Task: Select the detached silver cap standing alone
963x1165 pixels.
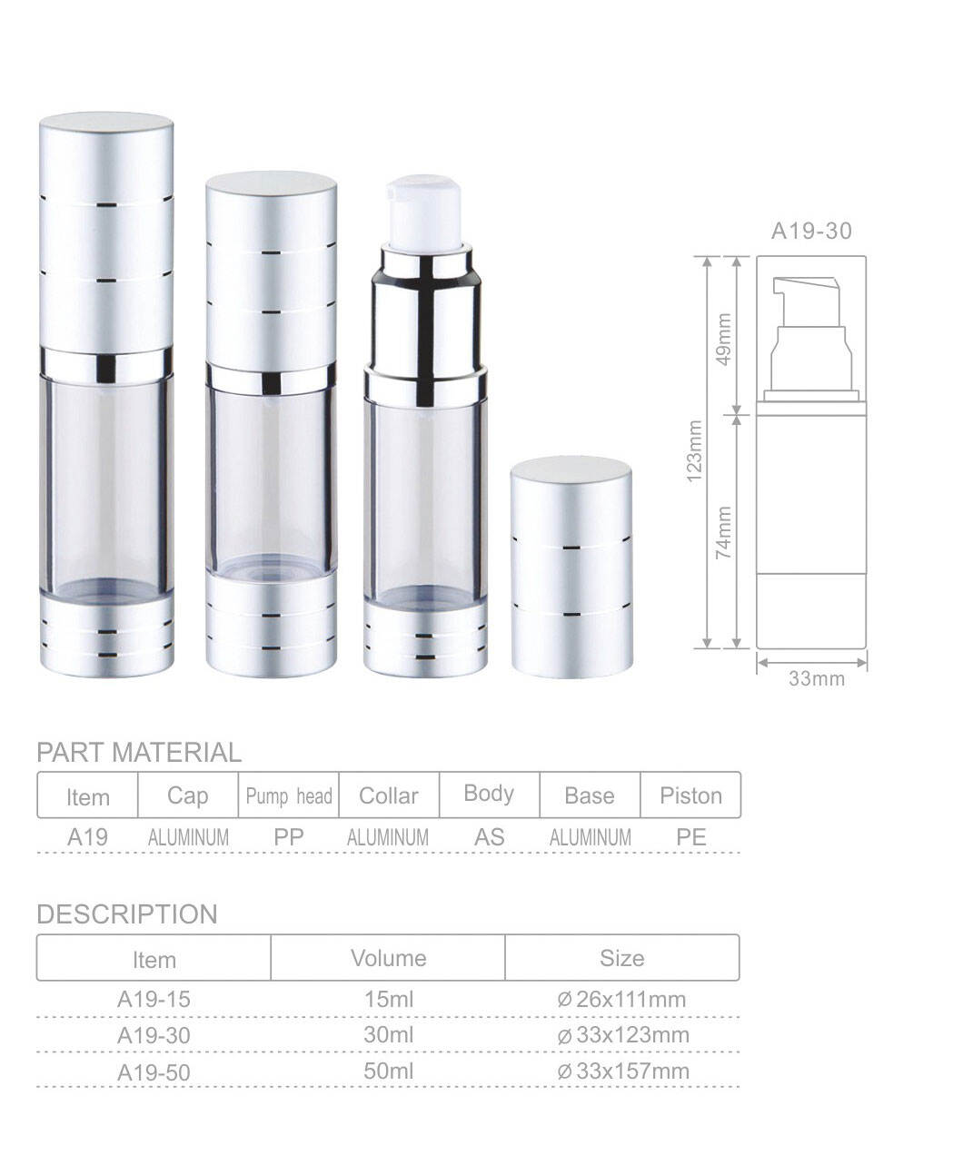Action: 571,567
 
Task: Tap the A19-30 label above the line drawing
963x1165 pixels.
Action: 811,232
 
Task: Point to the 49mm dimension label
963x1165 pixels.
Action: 723,338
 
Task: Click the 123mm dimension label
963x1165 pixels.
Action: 695,451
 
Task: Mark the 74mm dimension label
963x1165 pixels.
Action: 723,532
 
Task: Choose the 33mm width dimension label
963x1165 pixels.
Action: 816,679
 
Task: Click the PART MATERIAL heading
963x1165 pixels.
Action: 139,753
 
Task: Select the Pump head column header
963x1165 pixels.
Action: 289,796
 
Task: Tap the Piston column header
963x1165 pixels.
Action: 690,796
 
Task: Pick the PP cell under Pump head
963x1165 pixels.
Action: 289,836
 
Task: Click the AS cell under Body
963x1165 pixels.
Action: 489,836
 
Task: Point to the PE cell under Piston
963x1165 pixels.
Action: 690,836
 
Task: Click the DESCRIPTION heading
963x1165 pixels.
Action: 127,914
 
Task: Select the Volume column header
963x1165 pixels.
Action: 388,958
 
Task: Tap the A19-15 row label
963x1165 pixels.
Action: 154,1000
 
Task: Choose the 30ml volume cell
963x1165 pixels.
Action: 388,1035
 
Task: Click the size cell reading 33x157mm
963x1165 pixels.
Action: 623,1071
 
